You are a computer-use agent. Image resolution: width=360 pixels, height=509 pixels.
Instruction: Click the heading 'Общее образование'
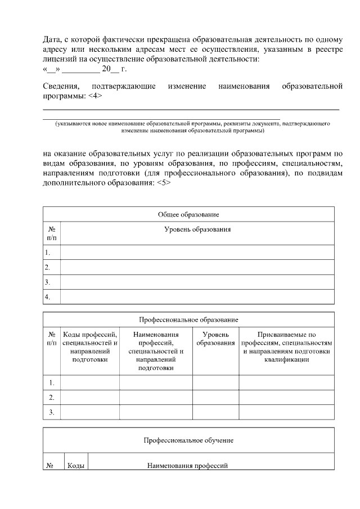188,215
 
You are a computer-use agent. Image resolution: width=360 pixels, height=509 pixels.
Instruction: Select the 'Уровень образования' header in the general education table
197,229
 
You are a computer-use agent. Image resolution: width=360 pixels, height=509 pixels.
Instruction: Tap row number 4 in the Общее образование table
48,296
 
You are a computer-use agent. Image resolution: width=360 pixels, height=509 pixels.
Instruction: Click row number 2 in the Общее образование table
48,267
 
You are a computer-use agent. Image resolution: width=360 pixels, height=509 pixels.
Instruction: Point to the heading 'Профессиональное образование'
188,319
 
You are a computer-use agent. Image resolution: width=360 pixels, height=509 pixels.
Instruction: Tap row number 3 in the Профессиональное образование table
51,412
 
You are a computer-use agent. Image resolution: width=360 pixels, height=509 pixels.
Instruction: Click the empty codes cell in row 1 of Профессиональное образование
89,383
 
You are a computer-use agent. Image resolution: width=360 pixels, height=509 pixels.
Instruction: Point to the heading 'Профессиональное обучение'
188,440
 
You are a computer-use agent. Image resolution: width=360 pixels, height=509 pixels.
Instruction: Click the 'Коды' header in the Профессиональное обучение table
76,466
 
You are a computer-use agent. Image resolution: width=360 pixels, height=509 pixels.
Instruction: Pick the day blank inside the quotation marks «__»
51,69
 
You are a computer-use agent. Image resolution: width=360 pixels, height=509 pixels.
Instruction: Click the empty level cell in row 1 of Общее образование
197,253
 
